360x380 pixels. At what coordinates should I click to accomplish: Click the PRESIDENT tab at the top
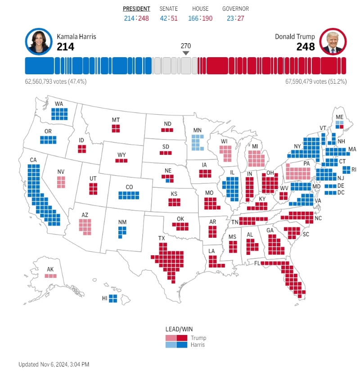pyautogui.click(x=137, y=9)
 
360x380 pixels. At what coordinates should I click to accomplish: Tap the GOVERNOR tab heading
pyautogui.click(x=235, y=9)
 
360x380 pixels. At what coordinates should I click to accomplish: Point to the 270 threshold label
pyautogui.click(x=186, y=46)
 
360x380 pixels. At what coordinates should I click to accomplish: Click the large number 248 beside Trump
pyautogui.click(x=305, y=46)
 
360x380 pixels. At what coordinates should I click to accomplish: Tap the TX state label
pyautogui.click(x=162, y=238)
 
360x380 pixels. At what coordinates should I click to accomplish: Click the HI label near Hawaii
pyautogui.click(x=104, y=298)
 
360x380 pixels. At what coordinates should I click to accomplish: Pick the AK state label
pyautogui.click(x=50, y=269)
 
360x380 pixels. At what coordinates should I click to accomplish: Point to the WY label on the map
pyautogui.click(x=121, y=155)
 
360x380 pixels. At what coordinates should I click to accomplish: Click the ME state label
pyautogui.click(x=340, y=116)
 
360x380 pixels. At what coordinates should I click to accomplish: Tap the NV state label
pyautogui.click(x=61, y=172)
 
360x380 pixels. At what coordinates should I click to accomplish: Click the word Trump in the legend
pyautogui.click(x=198, y=338)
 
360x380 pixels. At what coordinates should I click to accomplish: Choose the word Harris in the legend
pyautogui.click(x=198, y=345)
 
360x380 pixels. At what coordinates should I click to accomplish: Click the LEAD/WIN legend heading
pyautogui.click(x=179, y=329)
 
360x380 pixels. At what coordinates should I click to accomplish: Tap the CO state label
pyautogui.click(x=129, y=187)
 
